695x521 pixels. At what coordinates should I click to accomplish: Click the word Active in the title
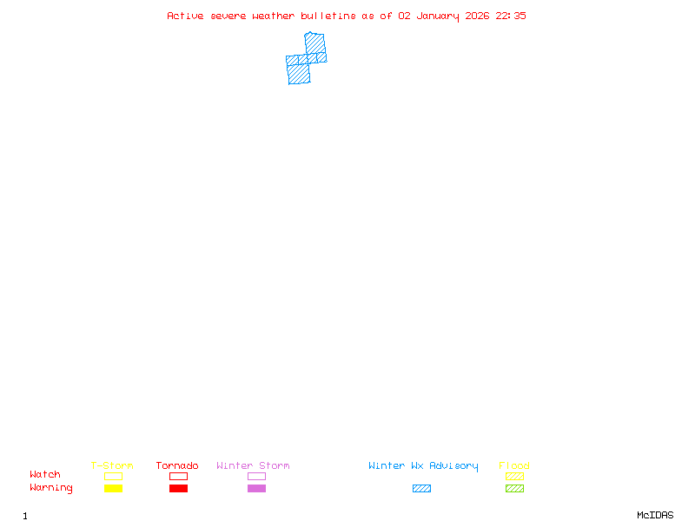point(185,16)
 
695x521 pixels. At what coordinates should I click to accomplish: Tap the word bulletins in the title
point(328,16)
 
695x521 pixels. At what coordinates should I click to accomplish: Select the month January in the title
point(438,16)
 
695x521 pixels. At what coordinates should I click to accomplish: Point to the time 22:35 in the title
point(511,16)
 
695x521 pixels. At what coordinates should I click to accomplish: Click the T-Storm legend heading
point(112,465)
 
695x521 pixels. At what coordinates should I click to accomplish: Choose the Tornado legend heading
point(177,465)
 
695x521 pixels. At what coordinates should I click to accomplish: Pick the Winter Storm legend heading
point(253,465)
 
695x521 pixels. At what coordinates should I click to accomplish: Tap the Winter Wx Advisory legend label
point(423,466)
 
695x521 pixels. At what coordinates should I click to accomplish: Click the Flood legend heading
point(514,465)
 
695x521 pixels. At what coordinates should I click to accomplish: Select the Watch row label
point(45,474)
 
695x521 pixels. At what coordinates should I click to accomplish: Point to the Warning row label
point(51,488)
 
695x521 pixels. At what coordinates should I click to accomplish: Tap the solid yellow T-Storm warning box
point(114,488)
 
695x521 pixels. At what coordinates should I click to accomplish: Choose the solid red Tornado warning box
point(179,488)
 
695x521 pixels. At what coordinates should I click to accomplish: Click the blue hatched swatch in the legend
point(421,488)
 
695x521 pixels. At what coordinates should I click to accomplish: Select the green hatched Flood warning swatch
point(514,488)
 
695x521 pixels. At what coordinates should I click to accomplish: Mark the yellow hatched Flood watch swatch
point(514,476)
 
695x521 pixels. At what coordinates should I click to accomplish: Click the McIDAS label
point(655,515)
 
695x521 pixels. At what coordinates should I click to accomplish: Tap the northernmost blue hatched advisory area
point(315,43)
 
